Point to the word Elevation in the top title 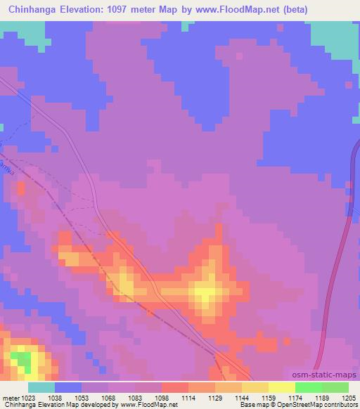tap(92, 8)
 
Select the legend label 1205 tap(349, 397)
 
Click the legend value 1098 tap(162, 397)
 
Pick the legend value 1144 tap(242, 397)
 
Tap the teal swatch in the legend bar tap(41, 387)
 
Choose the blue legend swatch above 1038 tap(68, 387)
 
